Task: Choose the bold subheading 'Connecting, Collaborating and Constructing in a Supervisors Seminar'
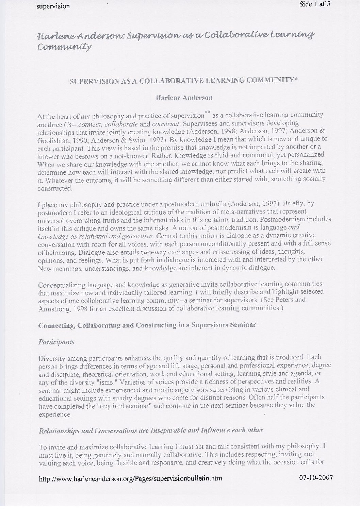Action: click(x=147, y=325)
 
